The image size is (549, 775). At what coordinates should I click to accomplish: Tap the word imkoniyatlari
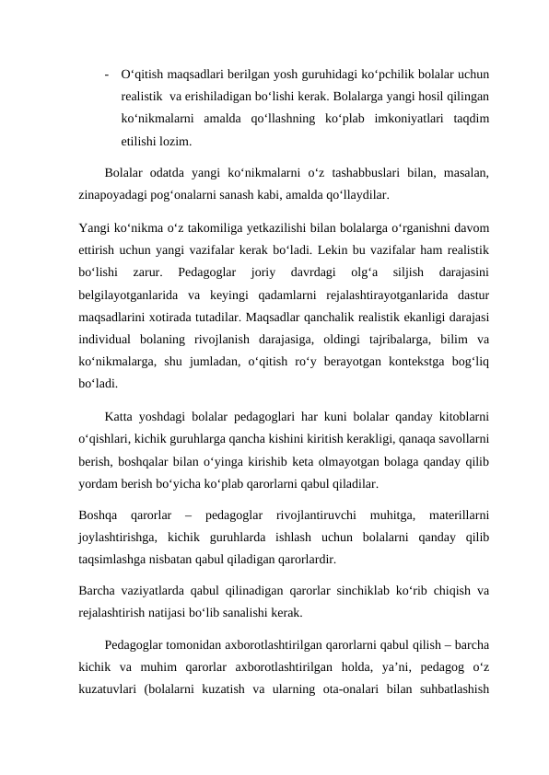pyautogui.click(x=396, y=119)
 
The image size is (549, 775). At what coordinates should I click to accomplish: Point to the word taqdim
pyautogui.click(x=469, y=119)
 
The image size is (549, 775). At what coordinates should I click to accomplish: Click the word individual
pyautogui.click(x=111, y=340)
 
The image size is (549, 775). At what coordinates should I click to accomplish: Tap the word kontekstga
pyautogui.click(x=400, y=362)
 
